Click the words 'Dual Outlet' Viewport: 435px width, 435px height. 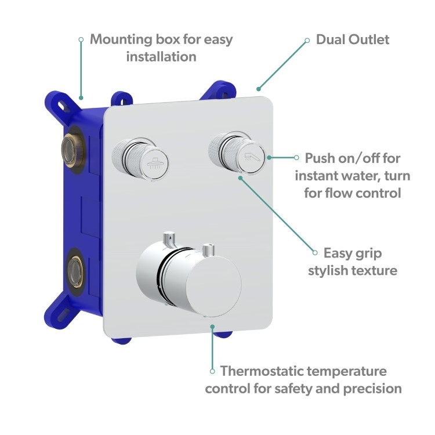[x=352, y=39]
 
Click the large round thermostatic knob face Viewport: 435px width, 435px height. [x=215, y=285]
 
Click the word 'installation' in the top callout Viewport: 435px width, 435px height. [x=161, y=57]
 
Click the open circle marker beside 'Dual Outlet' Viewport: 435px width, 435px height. [x=307, y=40]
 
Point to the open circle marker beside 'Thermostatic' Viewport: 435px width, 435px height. [x=212, y=371]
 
